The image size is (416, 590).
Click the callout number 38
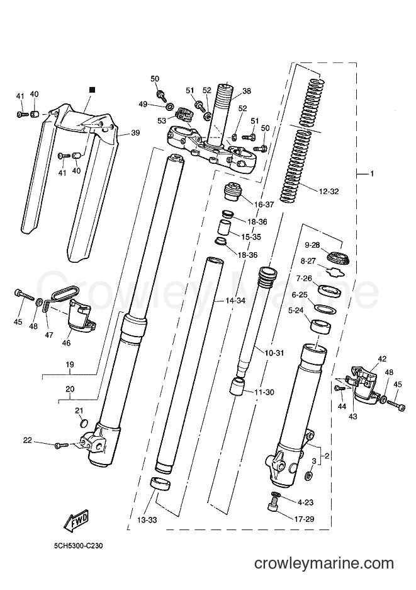(x=247, y=91)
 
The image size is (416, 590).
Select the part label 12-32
(x=329, y=192)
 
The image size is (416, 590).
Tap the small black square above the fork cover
(x=92, y=90)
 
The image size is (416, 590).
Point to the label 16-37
(x=264, y=205)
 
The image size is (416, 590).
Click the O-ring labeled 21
(x=84, y=424)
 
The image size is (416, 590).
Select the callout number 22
(x=28, y=440)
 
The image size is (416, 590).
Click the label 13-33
(x=146, y=521)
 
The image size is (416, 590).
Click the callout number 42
(x=382, y=359)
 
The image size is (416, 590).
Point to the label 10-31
(x=274, y=353)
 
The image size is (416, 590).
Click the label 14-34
(x=235, y=301)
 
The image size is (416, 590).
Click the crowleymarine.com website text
(x=324, y=564)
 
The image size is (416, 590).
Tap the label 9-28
(x=312, y=245)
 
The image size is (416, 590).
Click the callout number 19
(x=70, y=364)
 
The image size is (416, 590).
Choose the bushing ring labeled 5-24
(x=320, y=326)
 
